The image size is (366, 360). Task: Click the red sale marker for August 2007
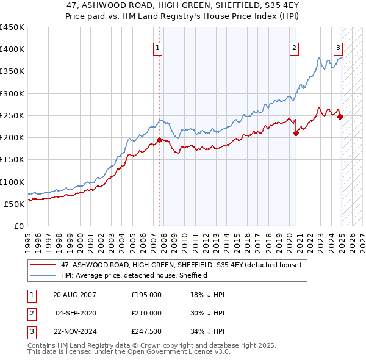[x=160, y=140]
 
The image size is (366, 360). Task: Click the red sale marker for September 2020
[x=296, y=133]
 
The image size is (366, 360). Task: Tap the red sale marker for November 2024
[x=340, y=117]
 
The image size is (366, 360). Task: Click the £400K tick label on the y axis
[x=12, y=49]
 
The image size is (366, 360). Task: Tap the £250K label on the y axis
[x=12, y=115]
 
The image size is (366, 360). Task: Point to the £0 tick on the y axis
[x=18, y=226]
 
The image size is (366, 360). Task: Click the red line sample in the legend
[x=44, y=265]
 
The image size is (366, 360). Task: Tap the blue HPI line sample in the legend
[x=44, y=275]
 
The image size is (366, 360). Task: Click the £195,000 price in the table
[x=146, y=295]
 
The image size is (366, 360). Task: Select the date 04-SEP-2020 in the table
[x=75, y=313]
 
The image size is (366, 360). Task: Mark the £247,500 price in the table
[x=146, y=331]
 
